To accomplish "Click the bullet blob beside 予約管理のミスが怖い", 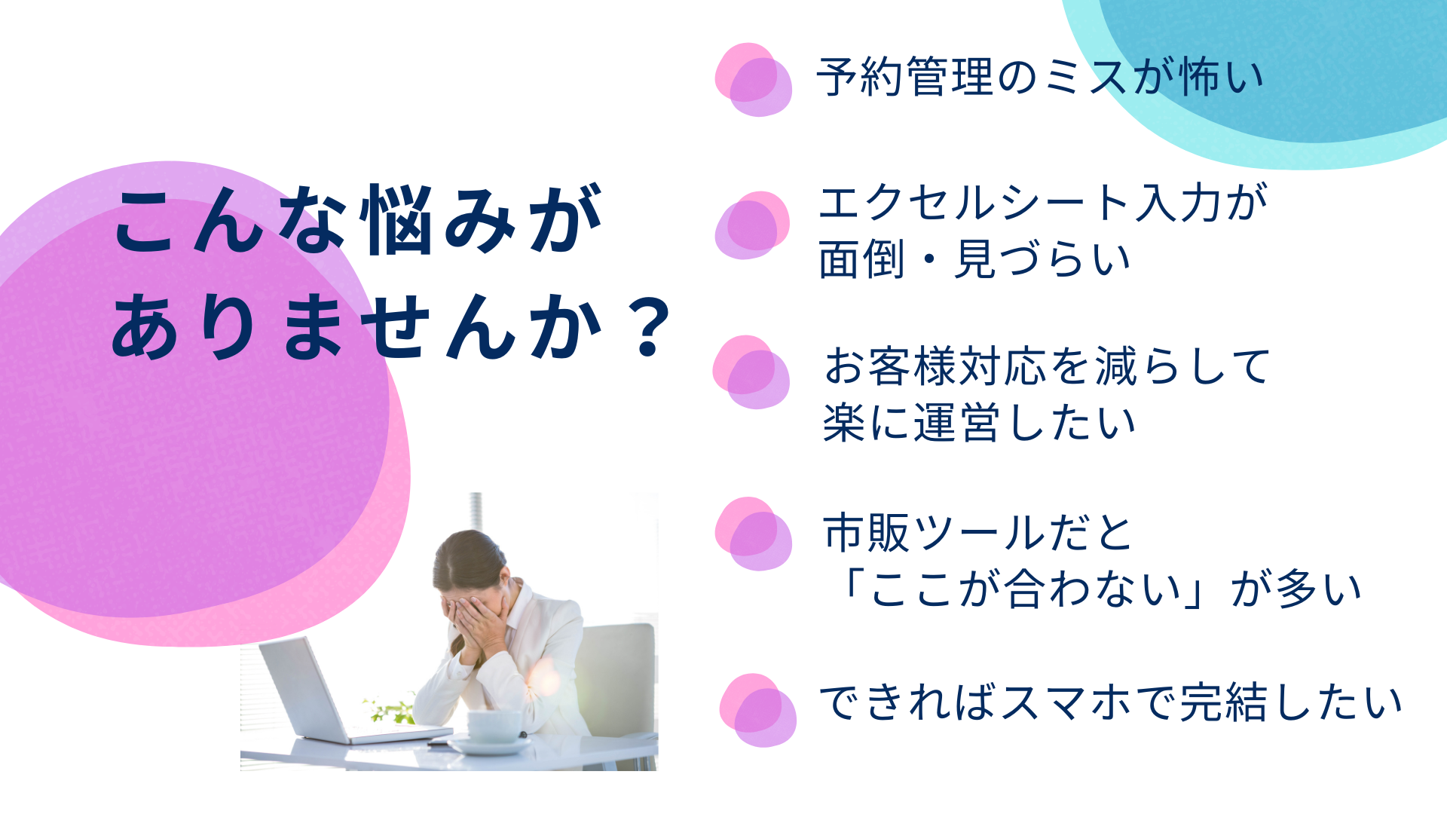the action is coord(753,79).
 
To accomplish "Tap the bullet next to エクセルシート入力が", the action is coord(752,225).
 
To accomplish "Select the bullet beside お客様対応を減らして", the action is coord(751,372).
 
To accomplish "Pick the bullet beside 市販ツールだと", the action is coord(753,534).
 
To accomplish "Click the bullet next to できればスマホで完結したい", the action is coord(757,710).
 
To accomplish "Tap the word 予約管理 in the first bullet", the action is coord(904,77).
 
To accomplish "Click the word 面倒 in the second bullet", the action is coord(862,259).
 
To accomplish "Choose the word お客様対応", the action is coord(935,366).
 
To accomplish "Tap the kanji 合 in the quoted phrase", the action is coord(1026,589).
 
